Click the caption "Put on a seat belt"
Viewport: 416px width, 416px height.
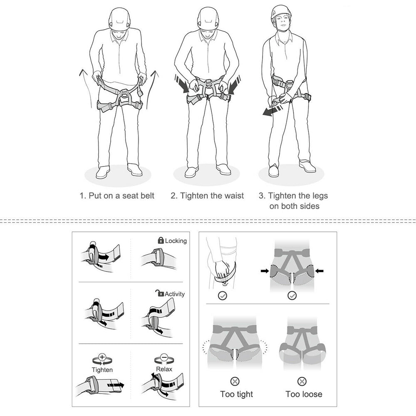click(x=117, y=196)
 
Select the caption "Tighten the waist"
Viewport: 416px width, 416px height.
click(x=207, y=196)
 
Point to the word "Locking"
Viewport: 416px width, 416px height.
click(x=176, y=241)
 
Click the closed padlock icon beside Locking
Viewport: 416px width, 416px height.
click(x=161, y=240)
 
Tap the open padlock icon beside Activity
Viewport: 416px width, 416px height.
click(x=159, y=293)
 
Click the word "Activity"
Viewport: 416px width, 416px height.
click(x=175, y=294)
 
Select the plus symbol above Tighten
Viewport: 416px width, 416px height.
click(x=102, y=357)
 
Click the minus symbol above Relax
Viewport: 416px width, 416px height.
click(x=163, y=357)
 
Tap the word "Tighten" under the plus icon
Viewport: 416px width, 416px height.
click(x=102, y=369)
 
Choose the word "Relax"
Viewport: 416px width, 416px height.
click(x=164, y=369)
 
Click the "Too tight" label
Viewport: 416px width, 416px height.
click(x=236, y=394)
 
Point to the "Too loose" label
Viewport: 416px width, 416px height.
click(x=304, y=394)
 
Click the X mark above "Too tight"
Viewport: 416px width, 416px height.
click(x=235, y=380)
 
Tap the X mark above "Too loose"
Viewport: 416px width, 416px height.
click(x=302, y=380)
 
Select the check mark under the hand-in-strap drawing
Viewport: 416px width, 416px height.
click(x=223, y=295)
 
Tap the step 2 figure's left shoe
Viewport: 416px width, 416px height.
click(x=191, y=171)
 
